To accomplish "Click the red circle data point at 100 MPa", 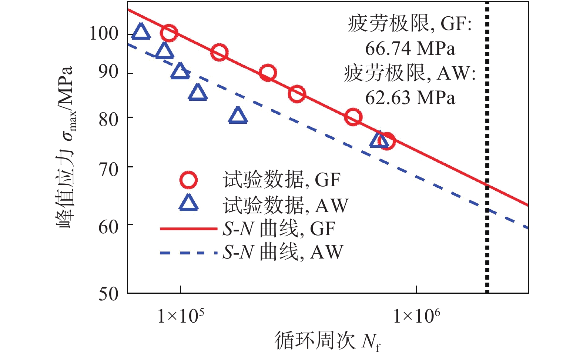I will [x=169, y=33].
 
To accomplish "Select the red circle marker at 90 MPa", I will [x=268, y=73].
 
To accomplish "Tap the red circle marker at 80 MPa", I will [x=353, y=117].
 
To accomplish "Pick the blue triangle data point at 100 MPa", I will [x=141, y=32].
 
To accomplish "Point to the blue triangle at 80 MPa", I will [x=238, y=116].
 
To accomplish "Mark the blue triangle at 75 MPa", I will [x=379, y=140].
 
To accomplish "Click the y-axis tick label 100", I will [x=104, y=34].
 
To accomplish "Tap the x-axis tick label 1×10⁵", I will [x=181, y=316].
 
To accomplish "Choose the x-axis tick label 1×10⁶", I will [x=416, y=316].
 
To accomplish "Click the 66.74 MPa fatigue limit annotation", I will [x=410, y=49].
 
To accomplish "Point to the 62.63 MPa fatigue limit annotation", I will [x=410, y=98].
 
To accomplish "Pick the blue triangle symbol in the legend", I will [x=188, y=203].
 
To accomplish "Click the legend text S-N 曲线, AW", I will [x=283, y=252].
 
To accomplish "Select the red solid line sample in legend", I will [x=188, y=229].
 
